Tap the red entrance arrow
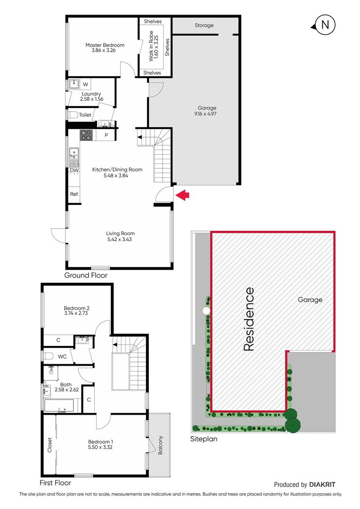coord(182,194)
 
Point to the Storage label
coord(204,25)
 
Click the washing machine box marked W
coord(85,84)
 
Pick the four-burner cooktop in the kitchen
coord(86,135)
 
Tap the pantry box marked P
coord(106,135)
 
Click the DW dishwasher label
coord(74,171)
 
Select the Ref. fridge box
coord(74,194)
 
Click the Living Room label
coord(120,233)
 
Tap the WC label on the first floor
coord(62,356)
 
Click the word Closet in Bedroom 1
coord(50,444)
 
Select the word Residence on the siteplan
coord(249,319)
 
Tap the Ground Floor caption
coord(86,275)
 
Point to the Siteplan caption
coord(204,438)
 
